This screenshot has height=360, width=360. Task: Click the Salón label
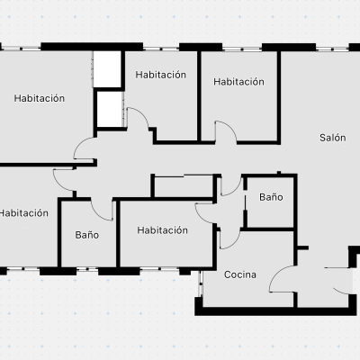pyautogui.click(x=332, y=138)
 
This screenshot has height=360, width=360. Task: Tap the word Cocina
pyautogui.click(x=240, y=274)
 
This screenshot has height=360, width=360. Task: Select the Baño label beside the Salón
pyautogui.click(x=271, y=197)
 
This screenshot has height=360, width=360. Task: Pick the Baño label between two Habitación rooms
pyautogui.click(x=86, y=235)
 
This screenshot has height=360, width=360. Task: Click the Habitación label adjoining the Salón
pyautogui.click(x=238, y=82)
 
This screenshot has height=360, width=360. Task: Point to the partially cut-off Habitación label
pyautogui.click(x=24, y=213)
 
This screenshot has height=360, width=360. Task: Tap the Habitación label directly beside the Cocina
pyautogui.click(x=162, y=230)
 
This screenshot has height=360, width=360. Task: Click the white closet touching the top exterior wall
pyautogui.click(x=107, y=69)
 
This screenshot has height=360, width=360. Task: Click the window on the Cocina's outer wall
pyautogui.click(x=201, y=283)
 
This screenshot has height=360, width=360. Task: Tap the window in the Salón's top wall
pyautogui.click(x=332, y=49)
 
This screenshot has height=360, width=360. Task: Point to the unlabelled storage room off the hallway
pyautogui.click(x=184, y=186)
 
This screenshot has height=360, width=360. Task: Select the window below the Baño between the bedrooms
pyautogui.click(x=87, y=270)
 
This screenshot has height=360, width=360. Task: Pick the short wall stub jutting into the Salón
pyautogui.click(x=302, y=248)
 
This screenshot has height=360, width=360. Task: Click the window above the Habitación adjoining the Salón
pyautogui.click(x=242, y=49)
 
